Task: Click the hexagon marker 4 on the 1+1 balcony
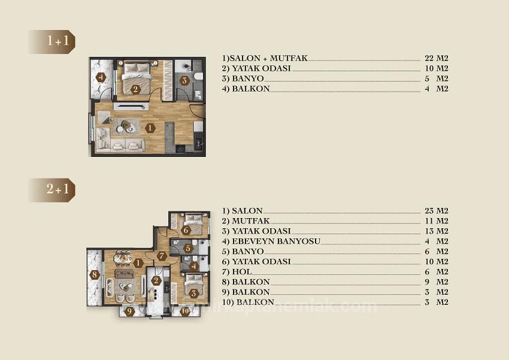coord(101,77)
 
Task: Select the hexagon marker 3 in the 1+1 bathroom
coord(184,80)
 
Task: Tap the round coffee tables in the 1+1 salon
coord(127,126)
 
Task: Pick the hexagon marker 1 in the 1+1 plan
coord(150,128)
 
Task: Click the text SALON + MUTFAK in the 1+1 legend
coord(265,59)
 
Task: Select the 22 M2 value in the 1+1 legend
coord(435,59)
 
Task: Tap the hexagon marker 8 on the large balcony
coord(95,276)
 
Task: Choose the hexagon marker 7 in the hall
coord(162,256)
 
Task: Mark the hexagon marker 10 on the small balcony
coord(186,310)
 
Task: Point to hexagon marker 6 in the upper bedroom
coord(186,230)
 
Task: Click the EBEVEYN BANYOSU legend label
coord(271,241)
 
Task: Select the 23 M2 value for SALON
coord(435,211)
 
